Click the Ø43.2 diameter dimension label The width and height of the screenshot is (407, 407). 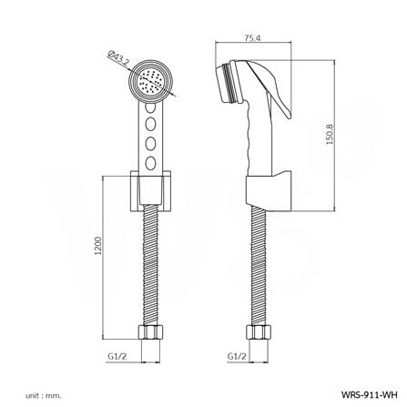click(x=118, y=58)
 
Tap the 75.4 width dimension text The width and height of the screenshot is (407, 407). click(x=252, y=37)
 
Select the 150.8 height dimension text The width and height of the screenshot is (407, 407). click(x=330, y=134)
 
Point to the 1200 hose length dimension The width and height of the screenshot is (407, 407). click(x=98, y=245)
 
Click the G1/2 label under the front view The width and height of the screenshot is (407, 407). click(x=117, y=356)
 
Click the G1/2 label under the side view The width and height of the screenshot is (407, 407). click(x=237, y=356)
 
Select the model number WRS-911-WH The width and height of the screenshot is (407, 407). click(x=369, y=394)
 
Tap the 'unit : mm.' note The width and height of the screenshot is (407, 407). click(x=44, y=395)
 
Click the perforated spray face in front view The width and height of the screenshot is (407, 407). click(x=151, y=81)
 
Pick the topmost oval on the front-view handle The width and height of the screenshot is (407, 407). click(x=150, y=107)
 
